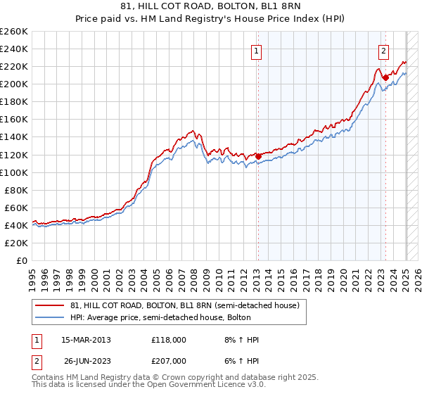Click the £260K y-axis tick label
tap(13, 32)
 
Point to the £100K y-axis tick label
tap(13, 172)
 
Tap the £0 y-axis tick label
tap(21, 260)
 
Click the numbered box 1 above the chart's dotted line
tap(257, 51)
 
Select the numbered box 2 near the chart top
tap(384, 51)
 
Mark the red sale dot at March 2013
tap(258, 156)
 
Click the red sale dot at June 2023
tap(385, 77)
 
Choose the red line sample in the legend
tap(50, 305)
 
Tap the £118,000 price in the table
tap(168, 340)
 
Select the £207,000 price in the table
tap(168, 360)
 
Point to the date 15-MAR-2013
tap(86, 340)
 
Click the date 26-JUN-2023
tap(86, 360)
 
